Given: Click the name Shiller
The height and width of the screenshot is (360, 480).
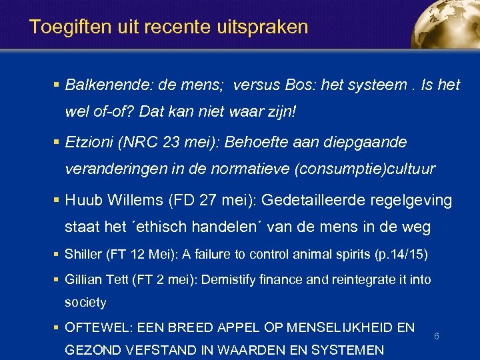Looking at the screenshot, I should (83, 255).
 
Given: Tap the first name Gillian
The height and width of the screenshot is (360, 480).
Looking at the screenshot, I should (84, 279).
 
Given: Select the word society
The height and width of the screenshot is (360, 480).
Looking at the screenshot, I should (85, 303).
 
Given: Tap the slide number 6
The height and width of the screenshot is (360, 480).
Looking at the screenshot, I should (436, 337).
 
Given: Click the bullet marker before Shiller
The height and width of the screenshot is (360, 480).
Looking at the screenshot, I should (57, 255).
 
